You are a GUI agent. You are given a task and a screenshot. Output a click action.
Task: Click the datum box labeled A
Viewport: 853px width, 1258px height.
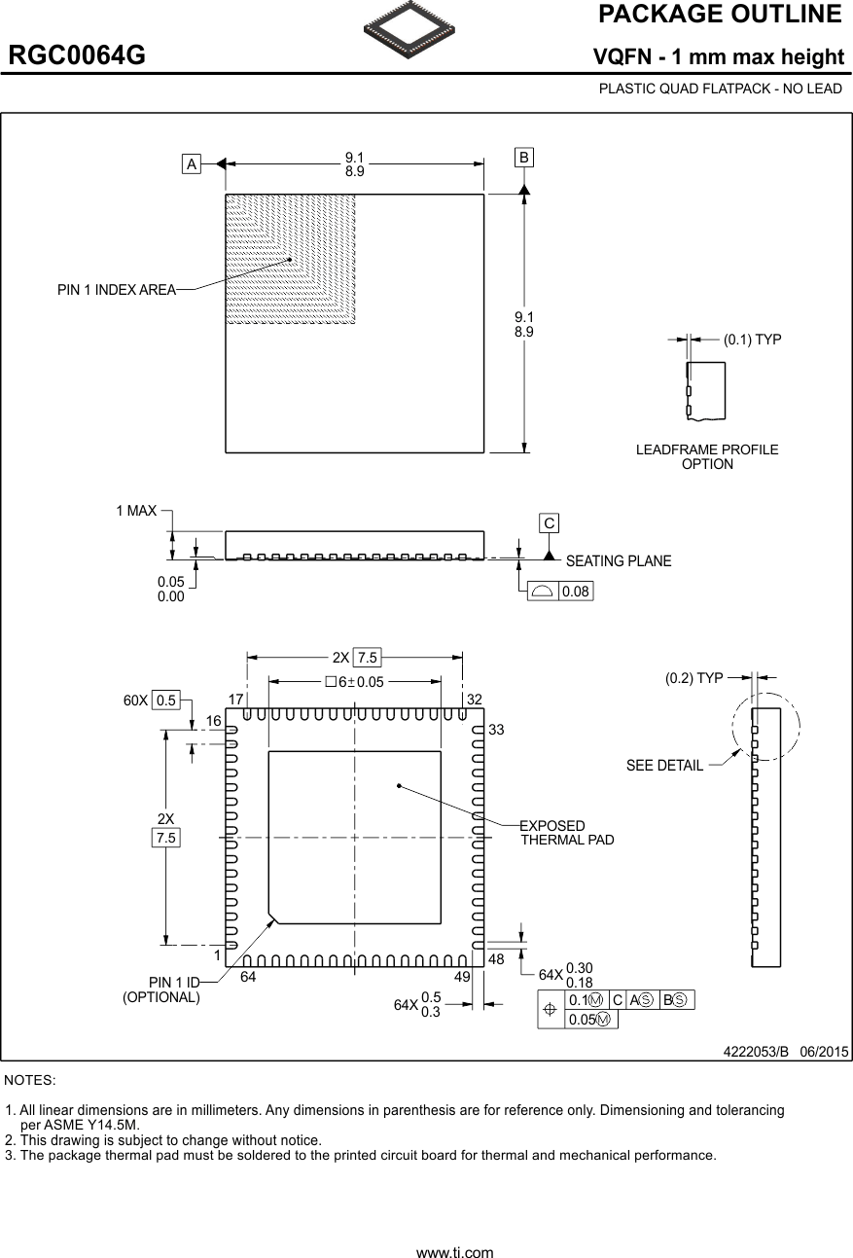[193, 164]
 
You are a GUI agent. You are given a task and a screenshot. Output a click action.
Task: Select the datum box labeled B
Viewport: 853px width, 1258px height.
[524, 157]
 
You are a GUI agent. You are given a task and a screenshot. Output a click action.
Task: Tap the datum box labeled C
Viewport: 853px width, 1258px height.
[550, 523]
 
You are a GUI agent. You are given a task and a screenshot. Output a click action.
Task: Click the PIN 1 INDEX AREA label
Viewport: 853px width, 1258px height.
[117, 289]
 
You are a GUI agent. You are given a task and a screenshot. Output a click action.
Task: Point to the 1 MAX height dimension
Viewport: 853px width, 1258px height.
[136, 511]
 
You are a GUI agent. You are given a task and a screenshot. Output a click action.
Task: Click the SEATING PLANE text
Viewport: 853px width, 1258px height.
[619, 561]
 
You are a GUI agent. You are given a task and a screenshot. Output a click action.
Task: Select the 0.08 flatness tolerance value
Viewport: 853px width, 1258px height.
[576, 592]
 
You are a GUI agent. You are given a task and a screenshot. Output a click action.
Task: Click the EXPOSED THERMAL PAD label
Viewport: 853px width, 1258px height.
[567, 833]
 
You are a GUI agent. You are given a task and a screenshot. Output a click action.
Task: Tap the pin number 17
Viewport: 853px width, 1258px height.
[235, 700]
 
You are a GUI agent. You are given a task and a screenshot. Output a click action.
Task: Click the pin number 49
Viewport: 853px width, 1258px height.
[463, 977]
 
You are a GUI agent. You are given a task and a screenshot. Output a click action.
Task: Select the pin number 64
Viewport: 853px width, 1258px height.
[248, 977]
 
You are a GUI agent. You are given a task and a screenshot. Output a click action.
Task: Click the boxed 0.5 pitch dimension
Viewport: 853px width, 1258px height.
[166, 700]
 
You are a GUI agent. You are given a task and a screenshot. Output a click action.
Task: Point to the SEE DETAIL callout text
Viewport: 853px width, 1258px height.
[664, 766]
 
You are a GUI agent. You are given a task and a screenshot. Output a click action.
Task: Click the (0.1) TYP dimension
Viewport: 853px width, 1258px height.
[752, 340]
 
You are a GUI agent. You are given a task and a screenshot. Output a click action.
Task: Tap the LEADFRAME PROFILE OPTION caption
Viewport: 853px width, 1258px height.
[707, 456]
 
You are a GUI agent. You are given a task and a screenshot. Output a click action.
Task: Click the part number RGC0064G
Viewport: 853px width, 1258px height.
[78, 56]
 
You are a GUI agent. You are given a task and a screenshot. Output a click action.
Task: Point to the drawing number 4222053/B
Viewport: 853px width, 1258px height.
[756, 1052]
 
